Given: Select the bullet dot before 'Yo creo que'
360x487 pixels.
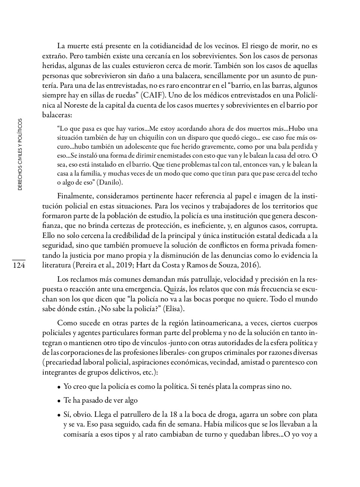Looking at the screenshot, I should (59, 387).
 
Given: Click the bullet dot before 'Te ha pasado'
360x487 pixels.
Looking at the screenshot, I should (59, 401).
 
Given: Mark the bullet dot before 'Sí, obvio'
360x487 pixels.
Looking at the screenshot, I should (59, 415).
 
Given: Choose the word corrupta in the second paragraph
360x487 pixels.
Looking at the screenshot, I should (303, 226).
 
